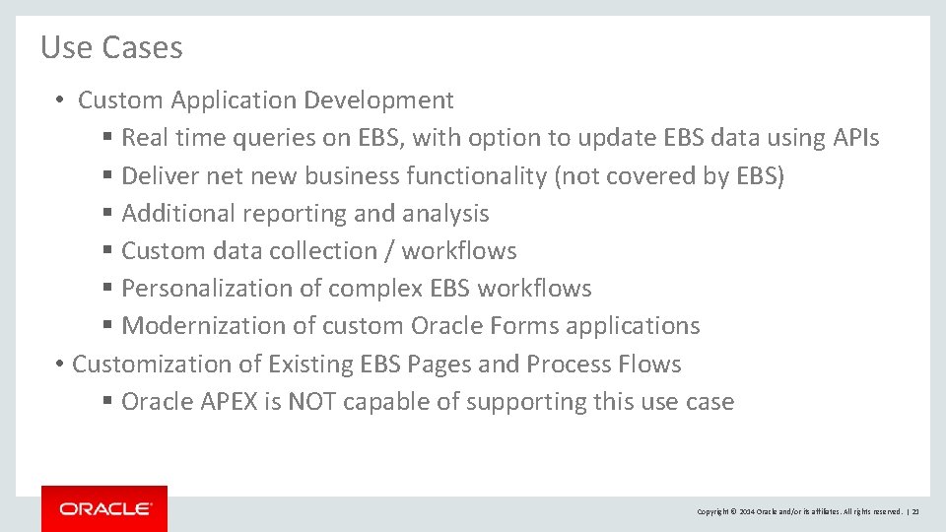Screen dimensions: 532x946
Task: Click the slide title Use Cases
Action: click(111, 47)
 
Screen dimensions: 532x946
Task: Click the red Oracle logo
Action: click(104, 508)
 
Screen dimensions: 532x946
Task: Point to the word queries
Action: click(268, 138)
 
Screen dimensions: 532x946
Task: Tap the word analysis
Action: click(445, 214)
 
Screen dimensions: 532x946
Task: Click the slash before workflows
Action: click(390, 251)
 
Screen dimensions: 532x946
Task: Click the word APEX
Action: click(228, 402)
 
